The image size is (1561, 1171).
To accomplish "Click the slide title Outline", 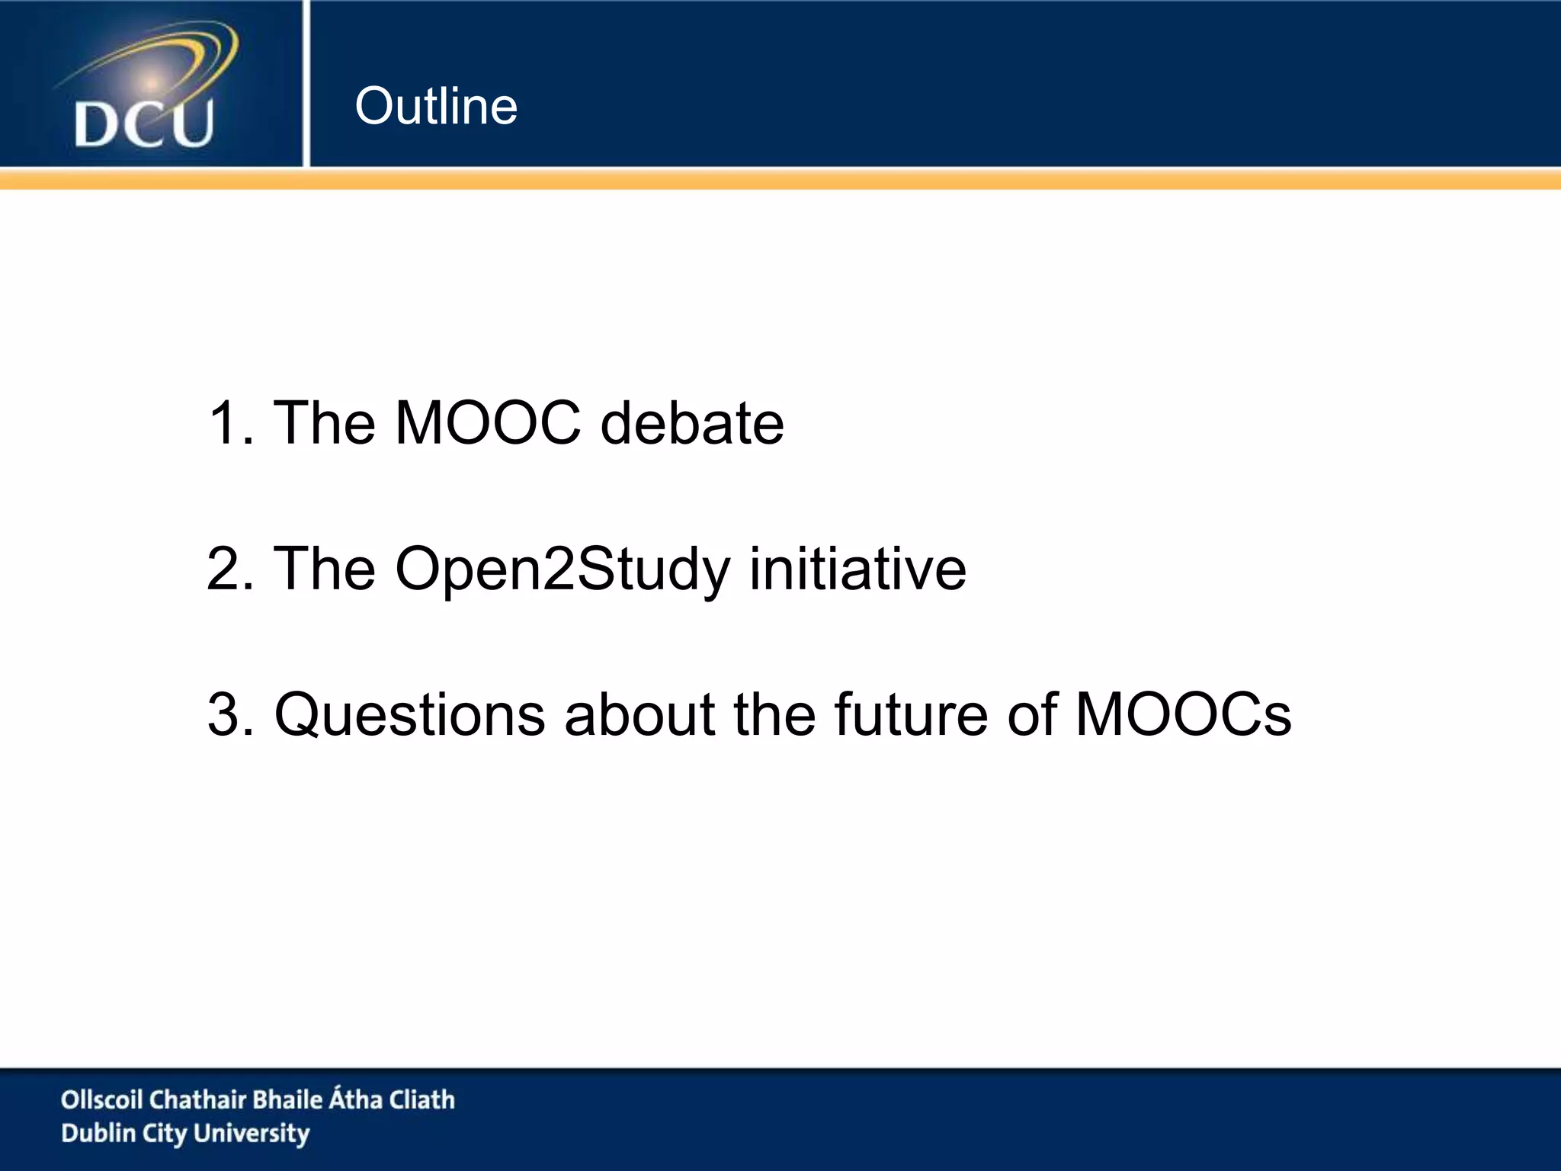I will [x=436, y=106].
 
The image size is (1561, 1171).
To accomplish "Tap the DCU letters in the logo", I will [x=143, y=124].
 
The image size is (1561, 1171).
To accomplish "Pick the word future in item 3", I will [x=912, y=714].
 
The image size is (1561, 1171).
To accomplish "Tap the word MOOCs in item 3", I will [x=1183, y=714].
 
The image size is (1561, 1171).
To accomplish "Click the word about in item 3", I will [x=639, y=714].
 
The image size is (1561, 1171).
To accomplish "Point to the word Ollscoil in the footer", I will [x=102, y=1099].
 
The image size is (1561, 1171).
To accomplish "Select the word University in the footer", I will [x=252, y=1134].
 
